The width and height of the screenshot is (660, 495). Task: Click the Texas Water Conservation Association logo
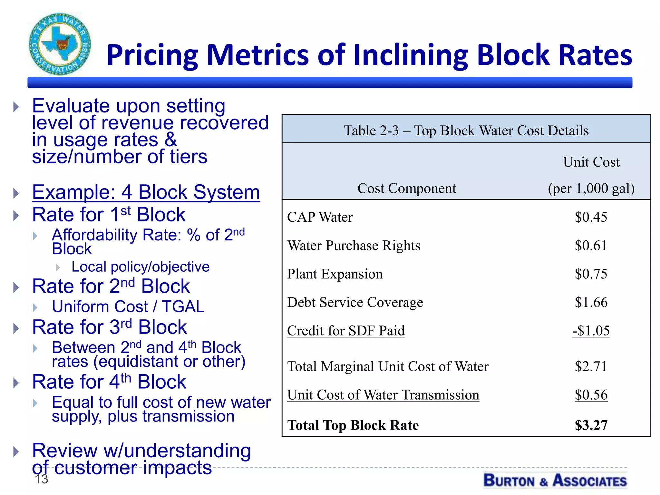point(60,44)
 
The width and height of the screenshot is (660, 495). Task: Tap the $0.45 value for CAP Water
point(591,217)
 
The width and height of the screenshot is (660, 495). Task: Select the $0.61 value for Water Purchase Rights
point(591,246)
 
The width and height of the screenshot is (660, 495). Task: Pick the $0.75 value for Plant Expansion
point(591,274)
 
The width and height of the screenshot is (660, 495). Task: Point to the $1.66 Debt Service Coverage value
point(591,302)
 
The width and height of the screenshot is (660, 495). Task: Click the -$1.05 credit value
point(591,331)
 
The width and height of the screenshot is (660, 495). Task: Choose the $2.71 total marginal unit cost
point(591,366)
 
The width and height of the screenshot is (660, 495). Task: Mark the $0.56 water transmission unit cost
point(591,395)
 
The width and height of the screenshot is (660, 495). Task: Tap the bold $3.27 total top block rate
point(591,425)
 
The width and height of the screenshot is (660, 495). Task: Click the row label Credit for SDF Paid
point(345,331)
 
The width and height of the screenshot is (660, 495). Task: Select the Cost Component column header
point(407,188)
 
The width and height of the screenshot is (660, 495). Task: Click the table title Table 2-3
point(466,131)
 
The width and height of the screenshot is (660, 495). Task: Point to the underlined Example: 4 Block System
point(146,192)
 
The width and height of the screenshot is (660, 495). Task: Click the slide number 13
point(41,479)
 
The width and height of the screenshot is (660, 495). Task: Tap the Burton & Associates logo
point(555,480)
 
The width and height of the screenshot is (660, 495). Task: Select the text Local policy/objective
point(141,267)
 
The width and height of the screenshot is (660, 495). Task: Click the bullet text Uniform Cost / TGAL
point(128,306)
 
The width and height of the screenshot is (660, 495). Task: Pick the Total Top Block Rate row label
point(353,425)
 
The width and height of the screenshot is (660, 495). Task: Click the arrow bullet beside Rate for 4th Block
point(16,383)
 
